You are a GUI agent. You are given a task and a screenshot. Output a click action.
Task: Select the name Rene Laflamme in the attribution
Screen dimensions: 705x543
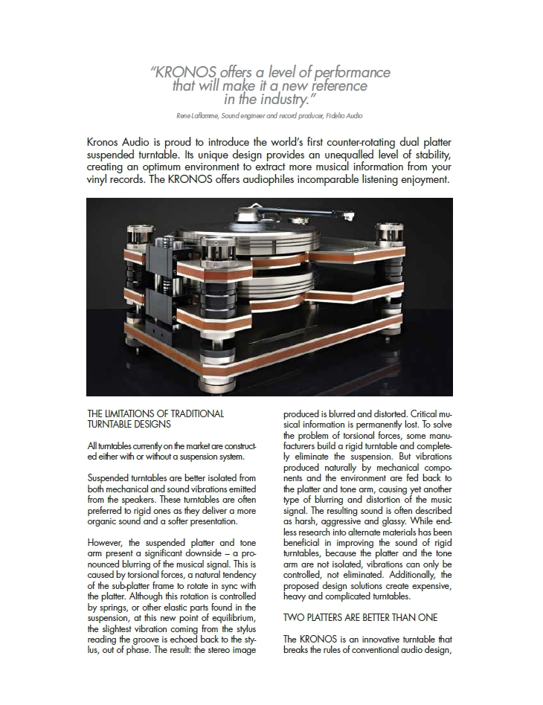[x=205, y=116]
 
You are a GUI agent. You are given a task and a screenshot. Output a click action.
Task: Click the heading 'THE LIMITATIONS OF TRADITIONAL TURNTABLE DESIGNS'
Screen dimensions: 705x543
[x=155, y=419]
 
